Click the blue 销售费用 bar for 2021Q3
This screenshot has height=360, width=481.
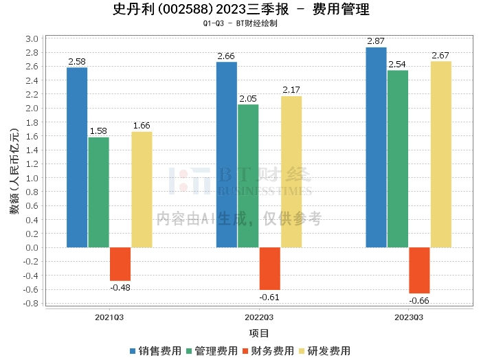pos(77,157)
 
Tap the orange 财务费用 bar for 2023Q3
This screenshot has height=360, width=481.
pos(419,270)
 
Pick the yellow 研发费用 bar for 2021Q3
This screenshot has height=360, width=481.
pos(142,190)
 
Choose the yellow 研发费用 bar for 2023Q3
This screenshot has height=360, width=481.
pos(440,154)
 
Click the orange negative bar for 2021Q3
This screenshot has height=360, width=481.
pos(120,264)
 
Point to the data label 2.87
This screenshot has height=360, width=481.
pos(376,42)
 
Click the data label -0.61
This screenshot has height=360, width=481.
pos(269,297)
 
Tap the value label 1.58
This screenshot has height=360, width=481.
pos(98,131)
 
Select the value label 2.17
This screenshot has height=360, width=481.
pos(291,90)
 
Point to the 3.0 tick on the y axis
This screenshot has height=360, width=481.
pos(32,38)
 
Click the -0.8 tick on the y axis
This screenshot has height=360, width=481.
pos(30,303)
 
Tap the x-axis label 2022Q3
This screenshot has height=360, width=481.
pos(259,317)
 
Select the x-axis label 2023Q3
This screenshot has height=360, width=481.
pos(409,317)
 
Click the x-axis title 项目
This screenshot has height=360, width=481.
pos(259,333)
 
